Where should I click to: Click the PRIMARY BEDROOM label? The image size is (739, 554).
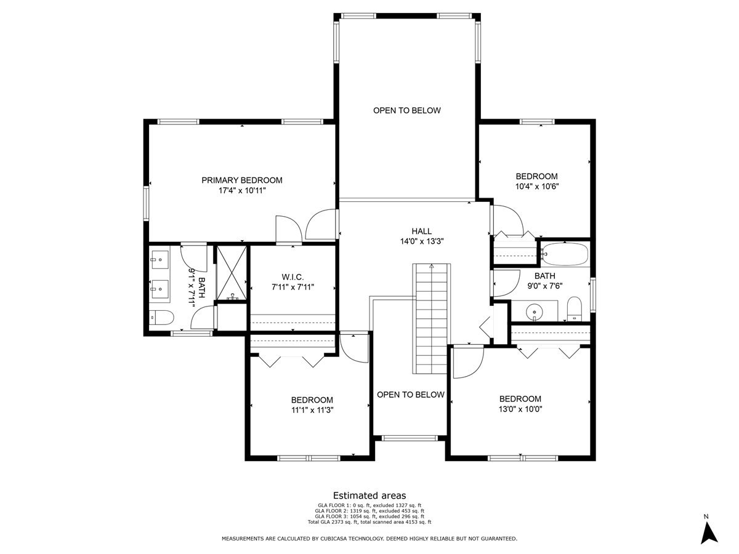tap(242, 180)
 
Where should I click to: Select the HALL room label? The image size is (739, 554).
tap(422, 231)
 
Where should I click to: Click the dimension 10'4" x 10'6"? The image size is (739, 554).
tap(537, 186)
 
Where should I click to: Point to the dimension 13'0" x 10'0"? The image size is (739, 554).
tap(520, 409)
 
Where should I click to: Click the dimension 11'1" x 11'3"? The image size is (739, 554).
tap(312, 410)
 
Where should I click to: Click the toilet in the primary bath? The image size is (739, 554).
tap(162, 318)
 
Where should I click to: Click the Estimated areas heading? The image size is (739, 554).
tap(369, 496)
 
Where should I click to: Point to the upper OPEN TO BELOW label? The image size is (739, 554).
tap(407, 111)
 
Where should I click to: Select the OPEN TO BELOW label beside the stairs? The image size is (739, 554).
tap(410, 395)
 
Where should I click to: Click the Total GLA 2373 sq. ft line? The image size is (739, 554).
tap(369, 522)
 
